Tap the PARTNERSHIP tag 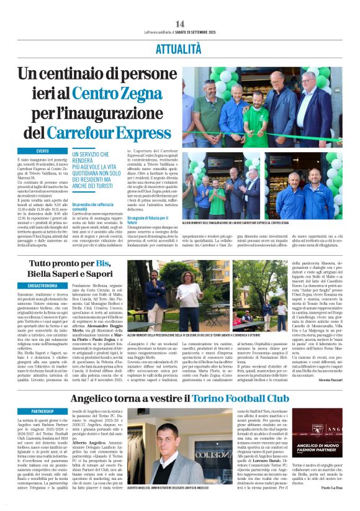pos(43,411)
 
